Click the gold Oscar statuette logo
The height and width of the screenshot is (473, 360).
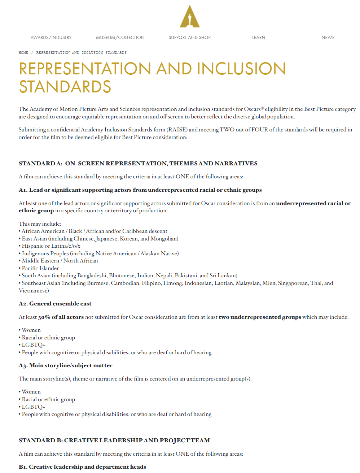(190, 17)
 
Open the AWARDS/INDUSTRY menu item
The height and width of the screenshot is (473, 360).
(51, 38)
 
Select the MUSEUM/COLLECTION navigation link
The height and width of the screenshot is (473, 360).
(120, 38)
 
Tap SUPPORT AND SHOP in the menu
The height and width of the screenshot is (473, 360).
(189, 38)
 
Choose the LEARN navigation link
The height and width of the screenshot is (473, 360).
(259, 38)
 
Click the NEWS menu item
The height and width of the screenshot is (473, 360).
(328, 38)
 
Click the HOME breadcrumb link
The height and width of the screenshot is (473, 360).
(23, 53)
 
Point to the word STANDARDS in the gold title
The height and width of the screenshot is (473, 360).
(65, 87)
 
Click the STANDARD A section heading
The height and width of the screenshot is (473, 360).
(138, 164)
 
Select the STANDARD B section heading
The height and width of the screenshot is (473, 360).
(114, 441)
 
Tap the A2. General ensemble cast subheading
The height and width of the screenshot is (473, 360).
(55, 304)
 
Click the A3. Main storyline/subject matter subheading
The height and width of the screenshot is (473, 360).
(65, 365)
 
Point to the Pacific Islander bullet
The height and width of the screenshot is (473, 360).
(40, 268)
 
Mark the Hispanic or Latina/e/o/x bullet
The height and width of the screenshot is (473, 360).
(51, 246)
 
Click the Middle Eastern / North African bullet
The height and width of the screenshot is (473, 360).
(60, 261)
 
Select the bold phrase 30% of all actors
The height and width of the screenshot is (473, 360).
(61, 317)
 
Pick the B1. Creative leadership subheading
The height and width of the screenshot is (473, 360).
(82, 467)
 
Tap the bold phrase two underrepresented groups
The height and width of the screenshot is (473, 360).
(260, 317)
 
